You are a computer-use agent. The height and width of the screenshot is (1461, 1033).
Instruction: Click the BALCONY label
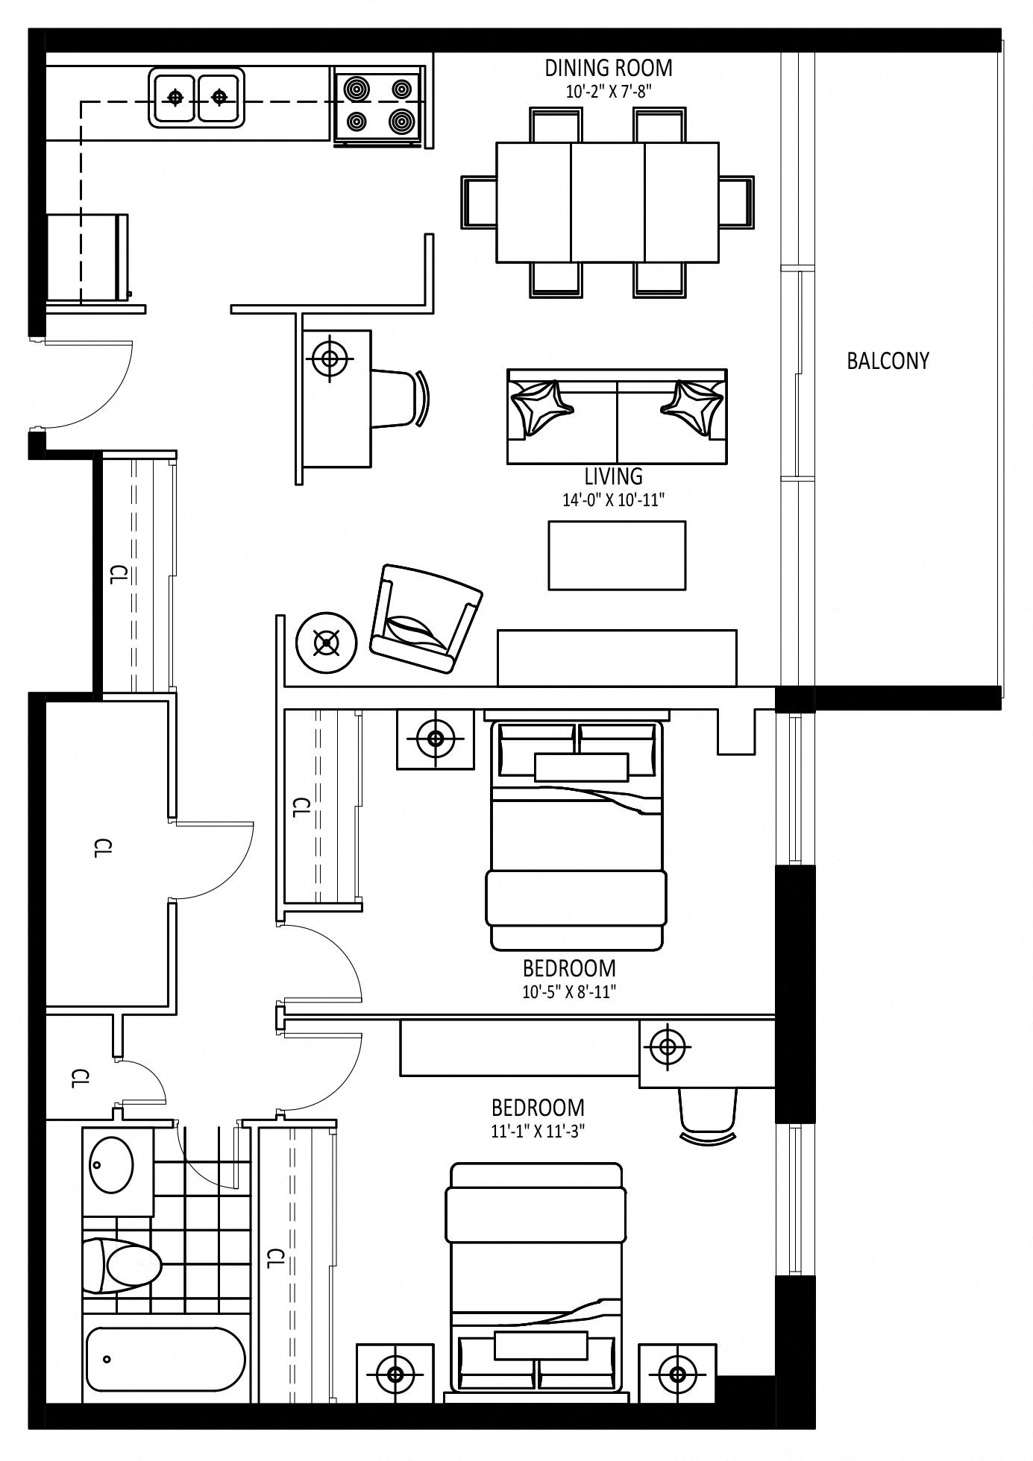[888, 361]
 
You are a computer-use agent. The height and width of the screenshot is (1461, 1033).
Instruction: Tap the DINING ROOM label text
[609, 68]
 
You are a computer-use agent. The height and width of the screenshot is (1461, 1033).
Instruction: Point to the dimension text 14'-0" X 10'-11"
[613, 499]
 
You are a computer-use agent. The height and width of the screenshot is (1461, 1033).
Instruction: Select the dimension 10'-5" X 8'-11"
[568, 992]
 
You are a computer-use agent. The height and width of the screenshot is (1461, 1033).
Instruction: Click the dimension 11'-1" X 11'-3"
[537, 1131]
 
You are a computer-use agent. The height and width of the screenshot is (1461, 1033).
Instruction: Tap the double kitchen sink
[197, 97]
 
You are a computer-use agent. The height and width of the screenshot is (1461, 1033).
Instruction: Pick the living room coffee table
[617, 555]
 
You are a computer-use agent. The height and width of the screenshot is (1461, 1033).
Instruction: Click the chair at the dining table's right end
[737, 201]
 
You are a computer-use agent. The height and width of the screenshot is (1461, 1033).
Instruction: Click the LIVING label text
[613, 476]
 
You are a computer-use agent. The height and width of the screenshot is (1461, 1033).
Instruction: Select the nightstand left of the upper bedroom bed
[435, 739]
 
